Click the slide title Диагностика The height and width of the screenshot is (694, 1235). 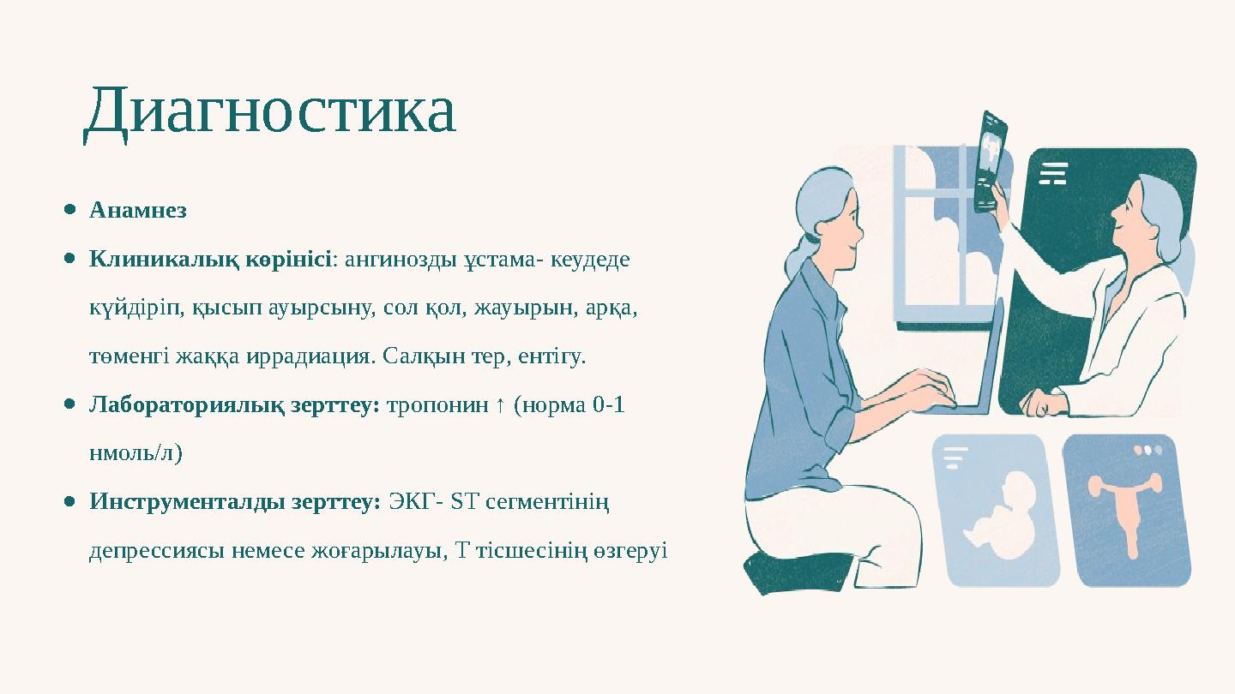click(x=270, y=111)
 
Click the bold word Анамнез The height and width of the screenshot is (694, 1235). click(x=138, y=210)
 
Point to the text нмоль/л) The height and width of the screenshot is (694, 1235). click(x=136, y=453)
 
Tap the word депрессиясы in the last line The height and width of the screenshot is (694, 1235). click(x=157, y=550)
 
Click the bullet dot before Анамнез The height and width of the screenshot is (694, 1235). click(x=70, y=210)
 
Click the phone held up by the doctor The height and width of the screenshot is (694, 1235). click(x=992, y=160)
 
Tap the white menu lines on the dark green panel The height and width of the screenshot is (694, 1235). click(x=1053, y=173)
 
